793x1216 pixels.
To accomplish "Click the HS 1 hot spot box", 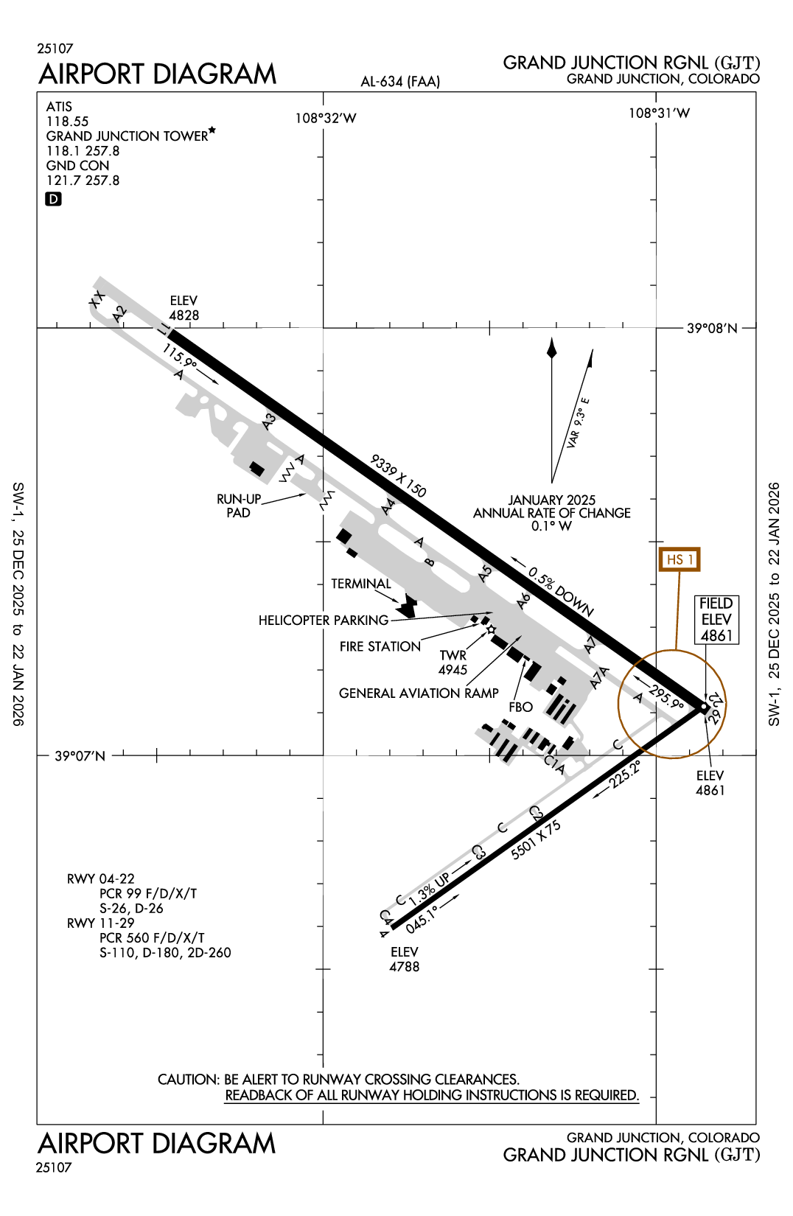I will [679, 559].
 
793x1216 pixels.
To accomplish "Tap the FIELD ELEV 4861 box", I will [716, 620].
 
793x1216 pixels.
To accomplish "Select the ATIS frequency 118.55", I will [67, 122].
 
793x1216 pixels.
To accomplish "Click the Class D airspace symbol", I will [53, 199].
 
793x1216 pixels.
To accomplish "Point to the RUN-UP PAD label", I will [238, 506].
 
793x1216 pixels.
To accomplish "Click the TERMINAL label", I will [360, 584].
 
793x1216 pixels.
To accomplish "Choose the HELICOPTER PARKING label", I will [323, 621].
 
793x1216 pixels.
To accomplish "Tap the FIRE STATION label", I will [380, 646].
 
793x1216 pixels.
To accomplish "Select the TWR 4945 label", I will [453, 663].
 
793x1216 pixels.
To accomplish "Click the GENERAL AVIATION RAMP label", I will [419, 693].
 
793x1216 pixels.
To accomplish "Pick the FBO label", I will [520, 707].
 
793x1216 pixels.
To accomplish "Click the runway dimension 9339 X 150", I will [398, 476].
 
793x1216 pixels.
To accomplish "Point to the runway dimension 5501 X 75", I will [536, 840].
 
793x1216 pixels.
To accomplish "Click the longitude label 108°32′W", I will [326, 118].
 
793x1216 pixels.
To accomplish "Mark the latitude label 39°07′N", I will [80, 756].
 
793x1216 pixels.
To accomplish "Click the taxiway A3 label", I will [270, 422].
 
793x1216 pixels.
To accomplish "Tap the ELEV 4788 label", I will [404, 960].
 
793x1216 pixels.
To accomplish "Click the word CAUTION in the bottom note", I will [188, 1080].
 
